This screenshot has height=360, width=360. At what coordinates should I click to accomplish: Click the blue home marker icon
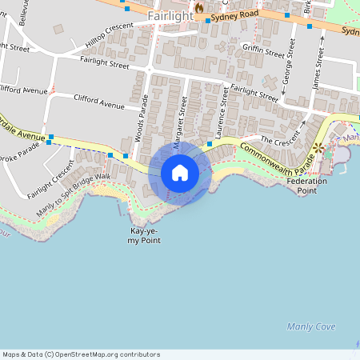pos(179,173)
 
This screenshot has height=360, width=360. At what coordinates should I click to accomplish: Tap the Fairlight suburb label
pos(170,15)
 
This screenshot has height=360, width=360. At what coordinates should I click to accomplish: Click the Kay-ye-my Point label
pos(145,235)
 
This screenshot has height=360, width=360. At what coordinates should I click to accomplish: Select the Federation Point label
pos(306,186)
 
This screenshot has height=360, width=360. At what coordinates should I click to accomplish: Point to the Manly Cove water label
pos(311,326)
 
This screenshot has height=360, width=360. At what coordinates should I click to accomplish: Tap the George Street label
pos(286,74)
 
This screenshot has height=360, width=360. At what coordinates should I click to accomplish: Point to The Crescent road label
pos(278,140)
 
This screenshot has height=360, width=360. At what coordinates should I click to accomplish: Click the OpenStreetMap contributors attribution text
pos(81,354)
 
